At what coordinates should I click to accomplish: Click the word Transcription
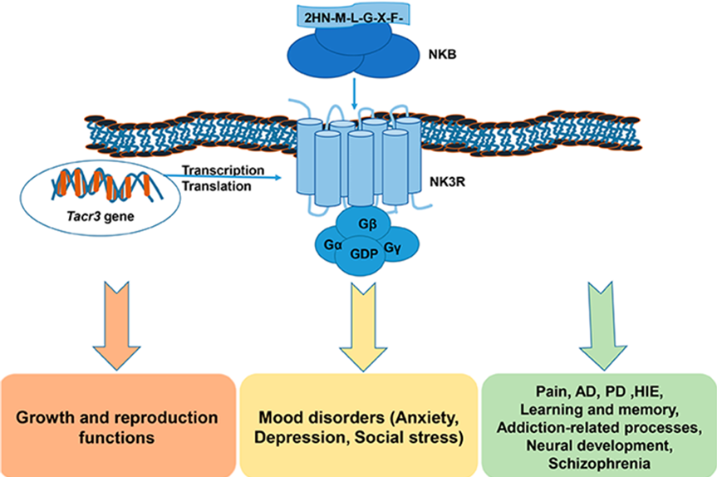(223, 170)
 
